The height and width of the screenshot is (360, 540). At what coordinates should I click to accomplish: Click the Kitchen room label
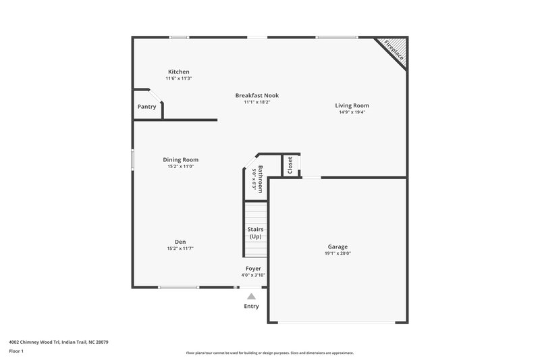tap(178, 72)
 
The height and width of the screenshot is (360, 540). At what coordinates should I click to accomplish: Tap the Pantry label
tap(146, 107)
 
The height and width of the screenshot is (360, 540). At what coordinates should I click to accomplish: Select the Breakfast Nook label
tap(256, 95)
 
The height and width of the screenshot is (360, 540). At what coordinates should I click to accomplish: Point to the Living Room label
tap(352, 105)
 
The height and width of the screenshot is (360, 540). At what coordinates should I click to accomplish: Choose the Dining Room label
tap(181, 160)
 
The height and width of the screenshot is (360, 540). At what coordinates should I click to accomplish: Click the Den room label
tap(180, 242)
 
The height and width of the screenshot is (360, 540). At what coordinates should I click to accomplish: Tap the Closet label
tap(290, 165)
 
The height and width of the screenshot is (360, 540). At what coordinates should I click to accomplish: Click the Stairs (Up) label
tap(256, 233)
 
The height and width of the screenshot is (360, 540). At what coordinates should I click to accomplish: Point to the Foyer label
tap(253, 268)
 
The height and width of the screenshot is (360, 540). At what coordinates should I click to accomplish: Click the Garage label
tap(338, 247)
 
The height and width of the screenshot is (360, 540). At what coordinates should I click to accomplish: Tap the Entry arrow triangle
tap(251, 296)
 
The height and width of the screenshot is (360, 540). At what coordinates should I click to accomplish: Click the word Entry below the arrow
tap(251, 306)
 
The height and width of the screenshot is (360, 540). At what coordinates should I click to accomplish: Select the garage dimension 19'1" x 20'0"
tap(338, 253)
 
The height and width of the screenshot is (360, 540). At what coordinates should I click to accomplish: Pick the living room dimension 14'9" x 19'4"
tap(352, 112)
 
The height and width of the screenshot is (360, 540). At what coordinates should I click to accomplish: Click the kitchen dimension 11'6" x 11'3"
tap(178, 78)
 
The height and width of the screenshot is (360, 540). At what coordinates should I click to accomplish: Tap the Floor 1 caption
tap(16, 352)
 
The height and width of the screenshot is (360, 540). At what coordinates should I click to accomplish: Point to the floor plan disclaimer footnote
tap(269, 353)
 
